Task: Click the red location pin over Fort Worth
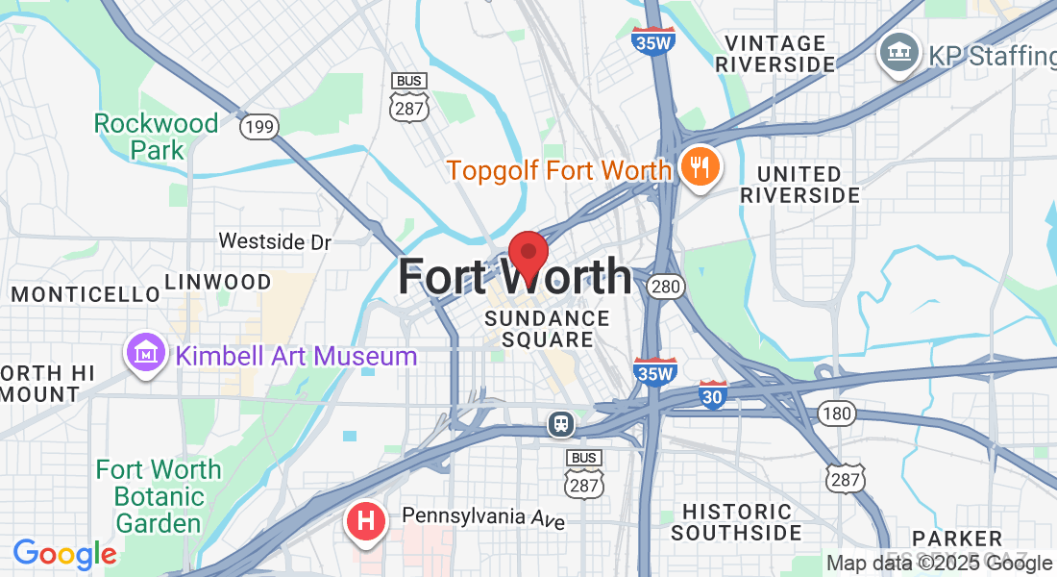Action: (x=528, y=254)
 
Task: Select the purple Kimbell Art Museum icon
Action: (x=145, y=354)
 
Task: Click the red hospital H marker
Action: (x=366, y=522)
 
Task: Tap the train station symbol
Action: (x=559, y=423)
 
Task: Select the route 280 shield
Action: (x=665, y=286)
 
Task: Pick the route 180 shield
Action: (x=837, y=414)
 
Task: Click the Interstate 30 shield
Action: (x=712, y=394)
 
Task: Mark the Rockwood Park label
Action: (x=157, y=137)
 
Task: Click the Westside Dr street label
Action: (x=275, y=241)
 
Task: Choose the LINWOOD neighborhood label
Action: (x=218, y=282)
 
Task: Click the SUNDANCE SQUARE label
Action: (x=547, y=329)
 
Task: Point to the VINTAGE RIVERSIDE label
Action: (x=775, y=54)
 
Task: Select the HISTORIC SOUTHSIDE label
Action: (x=736, y=522)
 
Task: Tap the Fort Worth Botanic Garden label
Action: (x=159, y=496)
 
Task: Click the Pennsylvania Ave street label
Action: (x=483, y=517)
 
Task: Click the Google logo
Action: (x=64, y=554)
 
